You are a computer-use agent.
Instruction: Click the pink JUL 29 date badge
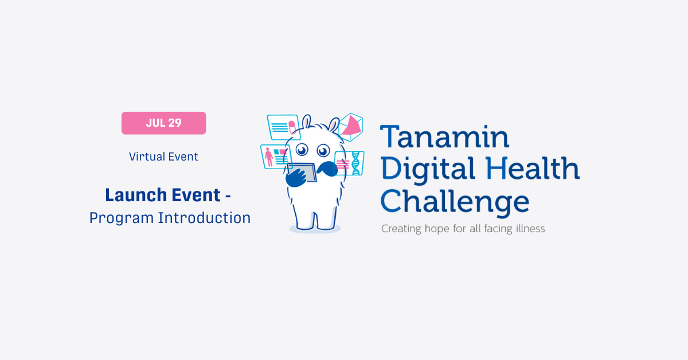tap(164, 123)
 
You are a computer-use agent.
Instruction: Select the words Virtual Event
tap(163, 156)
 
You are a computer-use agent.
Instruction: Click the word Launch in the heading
tap(136, 195)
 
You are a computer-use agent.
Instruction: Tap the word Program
tap(122, 218)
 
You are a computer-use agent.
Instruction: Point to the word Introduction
tap(204, 218)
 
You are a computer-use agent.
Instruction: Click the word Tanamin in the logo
tap(444, 136)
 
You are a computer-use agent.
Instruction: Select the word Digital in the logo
tap(428, 170)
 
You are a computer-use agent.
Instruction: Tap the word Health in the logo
tap(532, 168)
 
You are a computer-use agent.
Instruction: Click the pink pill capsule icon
tap(292, 127)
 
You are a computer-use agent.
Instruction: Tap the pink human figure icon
tap(269, 156)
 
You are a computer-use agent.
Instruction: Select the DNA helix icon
tap(356, 163)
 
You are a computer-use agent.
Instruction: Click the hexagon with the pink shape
tap(350, 127)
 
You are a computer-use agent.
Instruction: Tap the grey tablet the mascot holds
tap(303, 172)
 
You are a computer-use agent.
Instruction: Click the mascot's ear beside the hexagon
tap(334, 125)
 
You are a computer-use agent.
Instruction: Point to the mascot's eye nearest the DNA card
tap(323, 151)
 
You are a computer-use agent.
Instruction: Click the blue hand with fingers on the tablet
tap(296, 178)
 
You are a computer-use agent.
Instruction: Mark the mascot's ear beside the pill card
tap(306, 122)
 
